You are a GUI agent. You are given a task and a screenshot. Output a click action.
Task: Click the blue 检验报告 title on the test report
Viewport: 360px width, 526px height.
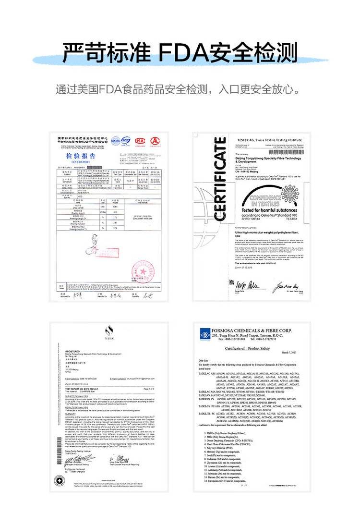point(81,157)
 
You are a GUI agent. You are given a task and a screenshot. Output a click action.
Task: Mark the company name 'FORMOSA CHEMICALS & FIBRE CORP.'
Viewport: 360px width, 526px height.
point(252,331)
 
